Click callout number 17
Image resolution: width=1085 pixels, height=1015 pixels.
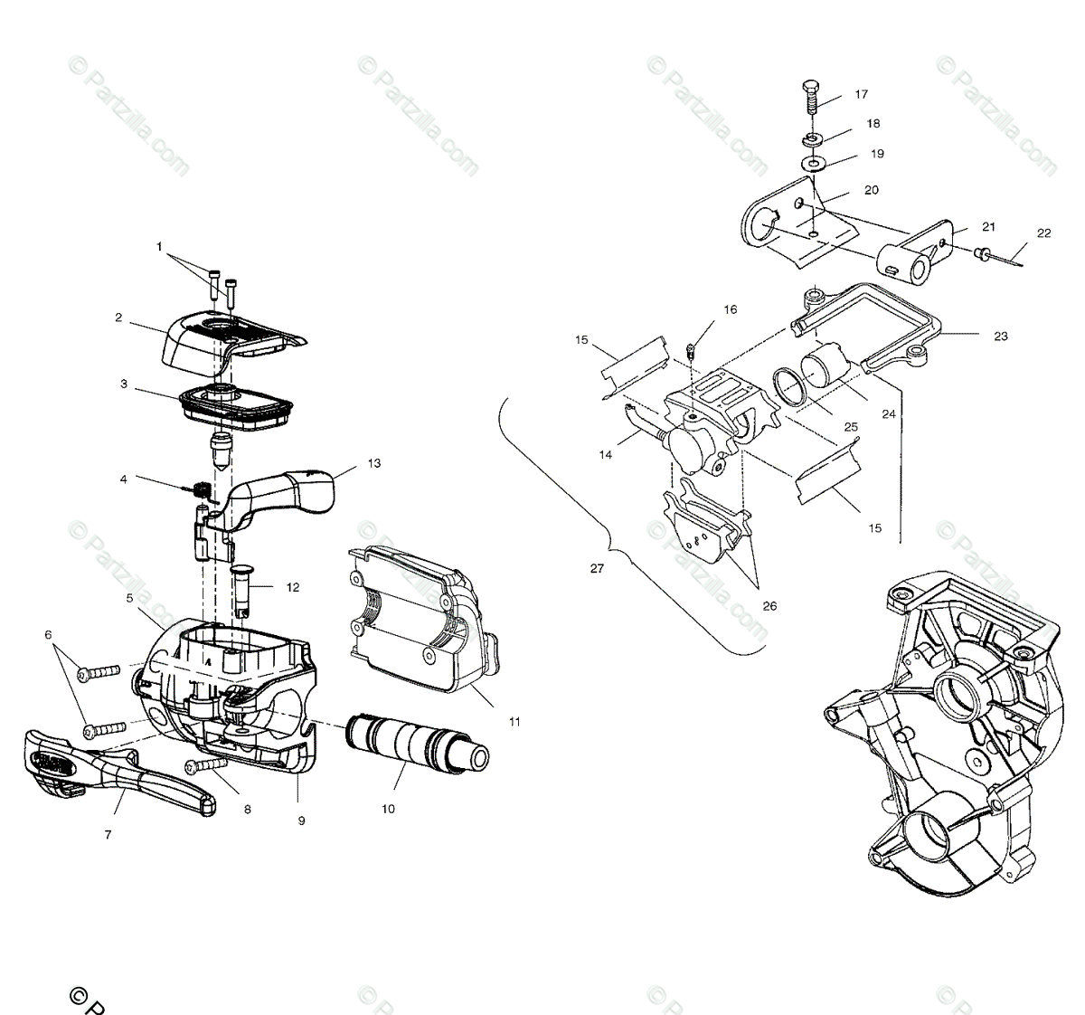click(860, 94)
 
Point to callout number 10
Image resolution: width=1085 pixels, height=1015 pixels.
click(388, 809)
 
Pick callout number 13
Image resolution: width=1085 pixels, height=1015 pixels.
click(373, 463)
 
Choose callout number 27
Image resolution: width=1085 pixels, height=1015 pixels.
click(595, 568)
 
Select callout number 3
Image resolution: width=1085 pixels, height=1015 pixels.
click(124, 384)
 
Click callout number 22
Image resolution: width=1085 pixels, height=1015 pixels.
click(1044, 233)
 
